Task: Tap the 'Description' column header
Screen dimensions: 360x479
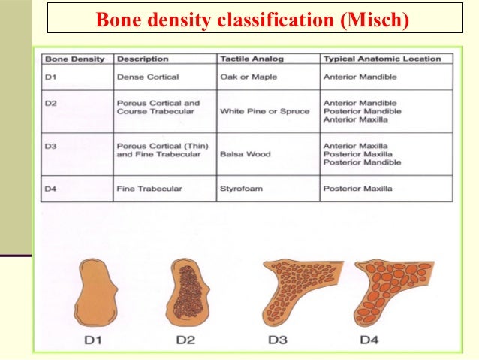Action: coord(143,59)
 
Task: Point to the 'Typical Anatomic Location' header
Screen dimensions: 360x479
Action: coord(381,59)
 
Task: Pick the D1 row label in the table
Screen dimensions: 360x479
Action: coord(50,76)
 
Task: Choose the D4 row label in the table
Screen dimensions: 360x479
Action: coord(50,189)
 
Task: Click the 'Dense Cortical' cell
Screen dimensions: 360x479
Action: coord(146,76)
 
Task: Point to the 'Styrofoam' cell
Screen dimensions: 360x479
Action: coord(241,189)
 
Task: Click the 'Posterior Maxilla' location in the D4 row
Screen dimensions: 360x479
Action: coord(359,189)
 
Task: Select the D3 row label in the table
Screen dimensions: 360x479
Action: coord(50,145)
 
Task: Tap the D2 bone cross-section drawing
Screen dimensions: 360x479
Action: coord(188,290)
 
